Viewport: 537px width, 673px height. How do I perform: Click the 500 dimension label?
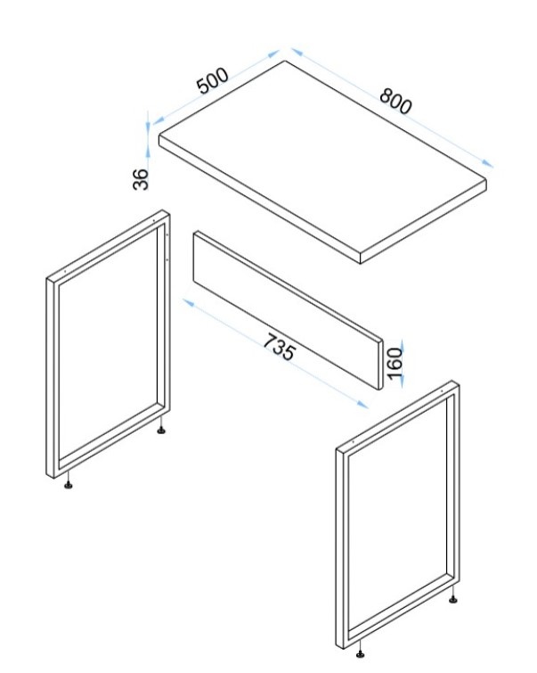[x=213, y=81]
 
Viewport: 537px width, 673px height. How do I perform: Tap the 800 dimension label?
[x=395, y=102]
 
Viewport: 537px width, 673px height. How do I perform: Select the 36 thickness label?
[x=141, y=179]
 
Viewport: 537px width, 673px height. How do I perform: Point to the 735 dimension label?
[x=280, y=347]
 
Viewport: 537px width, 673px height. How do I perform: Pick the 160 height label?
[x=395, y=364]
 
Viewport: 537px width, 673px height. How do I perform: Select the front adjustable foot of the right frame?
[x=361, y=650]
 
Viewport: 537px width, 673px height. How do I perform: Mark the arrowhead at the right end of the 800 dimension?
[x=487, y=163]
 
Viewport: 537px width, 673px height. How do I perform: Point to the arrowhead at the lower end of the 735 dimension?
[x=362, y=405]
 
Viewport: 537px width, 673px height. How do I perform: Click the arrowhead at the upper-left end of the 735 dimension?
[x=189, y=302]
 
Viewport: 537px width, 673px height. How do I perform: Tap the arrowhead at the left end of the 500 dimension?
[x=159, y=120]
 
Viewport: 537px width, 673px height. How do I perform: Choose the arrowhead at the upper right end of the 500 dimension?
[x=273, y=53]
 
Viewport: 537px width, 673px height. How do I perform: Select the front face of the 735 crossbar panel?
[x=286, y=308]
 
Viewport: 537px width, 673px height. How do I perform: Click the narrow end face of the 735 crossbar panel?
[x=380, y=365]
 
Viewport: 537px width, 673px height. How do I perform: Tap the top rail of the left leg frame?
[x=108, y=244]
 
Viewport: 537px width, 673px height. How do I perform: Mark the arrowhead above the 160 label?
[x=402, y=343]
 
